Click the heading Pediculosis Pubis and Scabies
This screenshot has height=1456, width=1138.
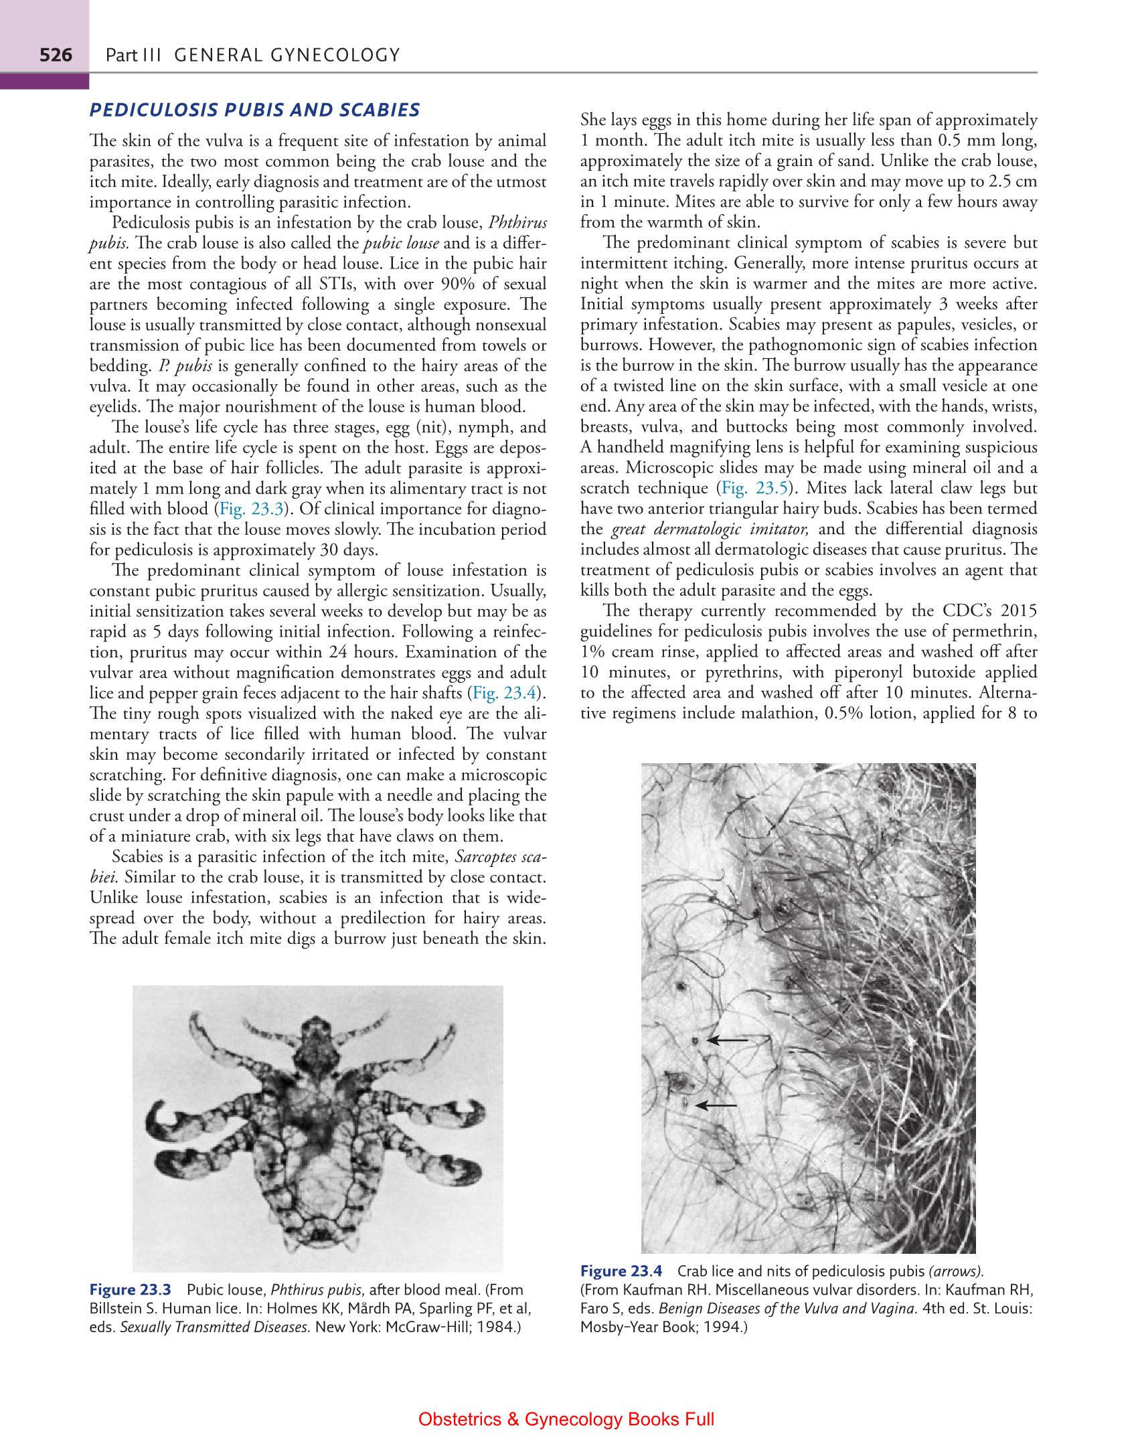coord(254,110)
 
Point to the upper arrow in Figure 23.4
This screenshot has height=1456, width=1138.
coord(727,1040)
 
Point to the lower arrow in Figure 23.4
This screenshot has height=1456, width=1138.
coord(716,1105)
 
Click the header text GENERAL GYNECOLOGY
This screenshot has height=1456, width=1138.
coord(286,55)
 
